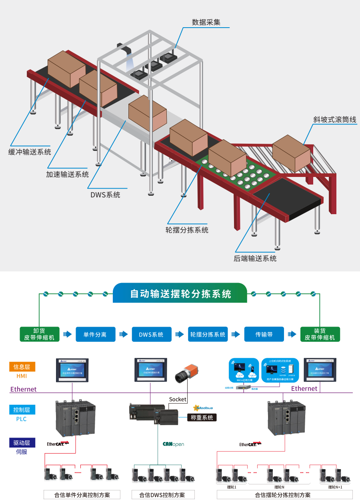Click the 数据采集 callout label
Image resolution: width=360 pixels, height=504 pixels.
click(x=206, y=22)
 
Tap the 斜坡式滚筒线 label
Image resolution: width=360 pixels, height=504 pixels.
click(x=334, y=120)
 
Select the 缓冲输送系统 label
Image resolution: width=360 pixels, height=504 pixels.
click(x=30, y=152)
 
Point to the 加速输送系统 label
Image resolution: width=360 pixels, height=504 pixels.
click(x=67, y=174)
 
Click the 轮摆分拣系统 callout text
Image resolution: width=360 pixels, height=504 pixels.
click(x=187, y=230)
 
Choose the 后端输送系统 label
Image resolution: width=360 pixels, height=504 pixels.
click(x=255, y=258)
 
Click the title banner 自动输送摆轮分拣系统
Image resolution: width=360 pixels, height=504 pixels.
click(x=180, y=294)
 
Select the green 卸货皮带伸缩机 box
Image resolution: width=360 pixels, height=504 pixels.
click(x=40, y=334)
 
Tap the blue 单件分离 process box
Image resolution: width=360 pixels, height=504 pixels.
click(x=95, y=334)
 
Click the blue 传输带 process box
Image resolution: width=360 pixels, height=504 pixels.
click(x=264, y=334)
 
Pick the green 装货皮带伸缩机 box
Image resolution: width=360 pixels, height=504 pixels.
click(x=320, y=334)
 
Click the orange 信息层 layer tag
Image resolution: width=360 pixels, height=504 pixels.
click(x=22, y=367)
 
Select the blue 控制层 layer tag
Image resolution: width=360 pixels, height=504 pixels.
click(x=22, y=410)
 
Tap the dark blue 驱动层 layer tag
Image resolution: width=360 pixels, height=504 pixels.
click(x=22, y=443)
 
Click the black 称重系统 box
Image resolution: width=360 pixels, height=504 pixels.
click(x=202, y=418)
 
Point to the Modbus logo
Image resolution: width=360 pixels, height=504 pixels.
click(x=203, y=408)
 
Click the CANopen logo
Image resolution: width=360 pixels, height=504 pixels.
click(x=173, y=444)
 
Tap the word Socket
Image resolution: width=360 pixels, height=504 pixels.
click(x=178, y=399)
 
